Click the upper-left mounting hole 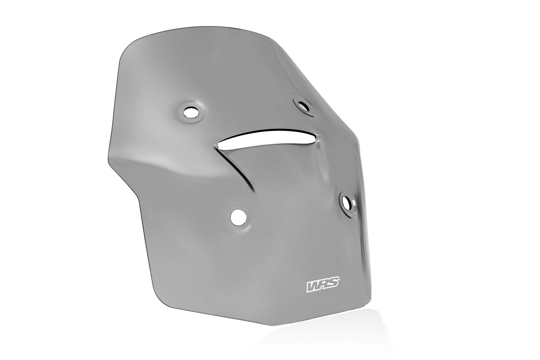(x=191, y=112)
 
